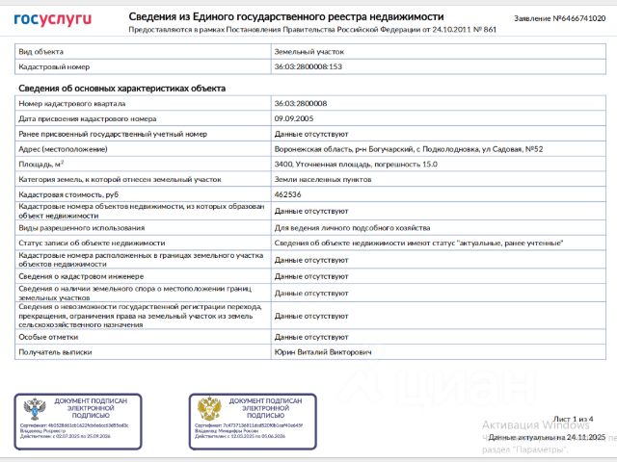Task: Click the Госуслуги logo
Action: [52, 19]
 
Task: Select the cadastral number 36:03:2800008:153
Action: [308, 66]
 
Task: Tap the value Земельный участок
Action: [308, 50]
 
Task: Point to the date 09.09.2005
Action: [293, 118]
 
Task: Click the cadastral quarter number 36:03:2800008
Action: [301, 103]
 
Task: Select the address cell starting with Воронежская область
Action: [409, 149]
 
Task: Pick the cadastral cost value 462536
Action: [288, 195]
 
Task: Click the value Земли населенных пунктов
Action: [317, 180]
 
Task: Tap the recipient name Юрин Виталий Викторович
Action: [323, 353]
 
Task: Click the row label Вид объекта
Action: [42, 50]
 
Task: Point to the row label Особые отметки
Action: [48, 338]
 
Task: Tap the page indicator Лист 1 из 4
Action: [576, 419]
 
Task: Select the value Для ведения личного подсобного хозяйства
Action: [345, 228]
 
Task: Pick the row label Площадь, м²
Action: [42, 165]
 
